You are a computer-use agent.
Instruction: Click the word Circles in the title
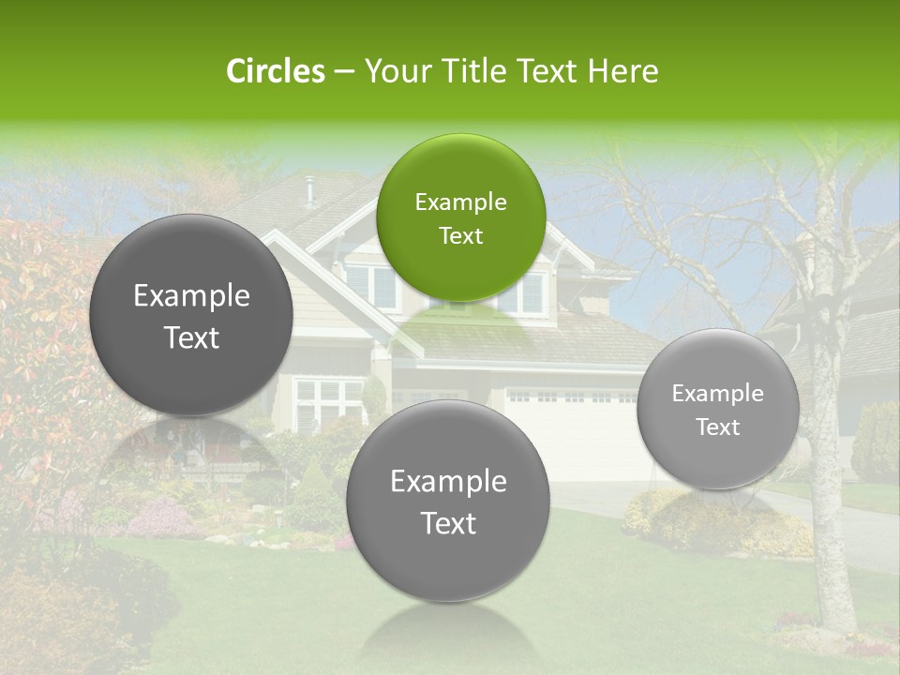pyautogui.click(x=275, y=71)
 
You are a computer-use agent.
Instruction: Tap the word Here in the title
pyautogui.click(x=622, y=71)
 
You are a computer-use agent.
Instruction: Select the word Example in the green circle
pyautogui.click(x=460, y=202)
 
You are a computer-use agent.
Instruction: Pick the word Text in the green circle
pyautogui.click(x=460, y=236)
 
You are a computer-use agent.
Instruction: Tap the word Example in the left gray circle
pyautogui.click(x=191, y=296)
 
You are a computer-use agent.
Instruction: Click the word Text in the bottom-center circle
pyautogui.click(x=448, y=523)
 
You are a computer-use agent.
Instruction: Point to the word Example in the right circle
pyautogui.click(x=717, y=394)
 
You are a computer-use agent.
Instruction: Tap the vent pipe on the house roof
pyautogui.click(x=309, y=191)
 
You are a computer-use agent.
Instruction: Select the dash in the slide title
pyautogui.click(x=343, y=71)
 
